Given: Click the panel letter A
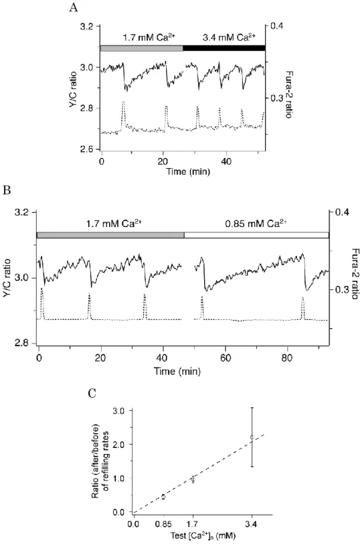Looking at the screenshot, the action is coord(73,7).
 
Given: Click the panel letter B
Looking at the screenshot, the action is coord(6,190).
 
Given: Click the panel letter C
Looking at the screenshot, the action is coord(92,393).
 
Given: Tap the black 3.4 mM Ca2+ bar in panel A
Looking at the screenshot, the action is coord(224,48).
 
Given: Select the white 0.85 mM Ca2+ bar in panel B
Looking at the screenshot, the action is coord(256,235).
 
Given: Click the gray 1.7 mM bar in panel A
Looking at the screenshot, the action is coord(142,48).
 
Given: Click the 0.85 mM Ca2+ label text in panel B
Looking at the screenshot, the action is coord(256,223).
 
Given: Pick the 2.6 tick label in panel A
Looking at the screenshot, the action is coord(87,150).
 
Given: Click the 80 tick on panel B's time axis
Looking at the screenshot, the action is coord(287,359).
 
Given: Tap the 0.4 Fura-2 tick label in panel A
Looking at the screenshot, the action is coord(275,26).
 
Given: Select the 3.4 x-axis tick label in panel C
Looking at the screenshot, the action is coord(252,524).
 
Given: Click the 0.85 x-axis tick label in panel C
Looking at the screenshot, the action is coord(163,524).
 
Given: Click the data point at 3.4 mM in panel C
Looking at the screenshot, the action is coord(252,437).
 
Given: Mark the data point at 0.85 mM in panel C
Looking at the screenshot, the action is coord(163,497).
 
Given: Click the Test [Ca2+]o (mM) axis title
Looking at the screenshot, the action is coord(203,535).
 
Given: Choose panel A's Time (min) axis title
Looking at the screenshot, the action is coord(188,172).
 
